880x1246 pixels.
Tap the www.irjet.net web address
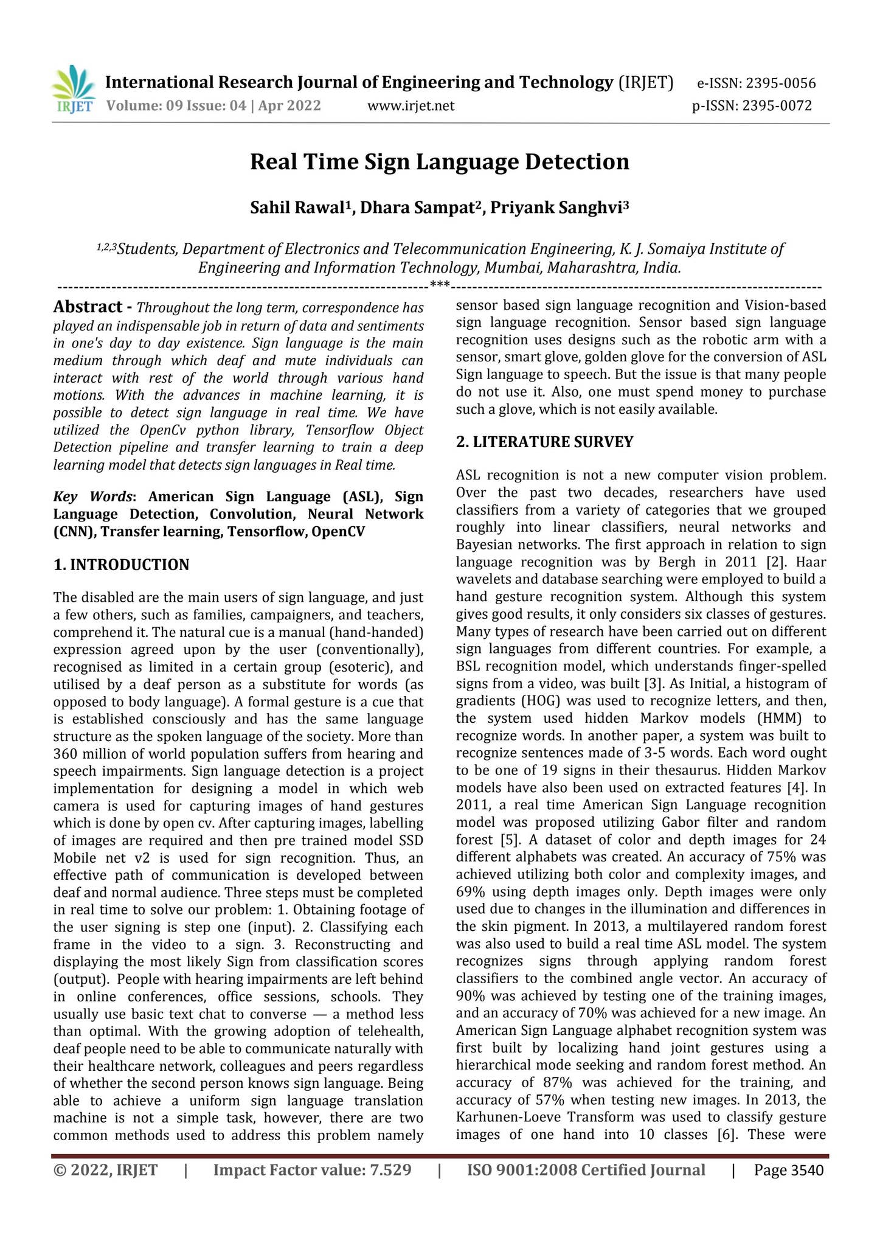coord(411,106)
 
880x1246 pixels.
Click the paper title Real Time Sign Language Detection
coord(440,162)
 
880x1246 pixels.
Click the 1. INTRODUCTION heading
coord(122,565)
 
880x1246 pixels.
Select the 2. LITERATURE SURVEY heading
coord(545,442)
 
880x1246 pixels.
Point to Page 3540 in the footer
coord(789,1170)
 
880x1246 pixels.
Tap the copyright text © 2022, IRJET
coord(105,1170)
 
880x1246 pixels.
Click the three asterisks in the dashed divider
coord(440,284)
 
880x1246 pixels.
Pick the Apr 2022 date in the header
coord(289,106)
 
